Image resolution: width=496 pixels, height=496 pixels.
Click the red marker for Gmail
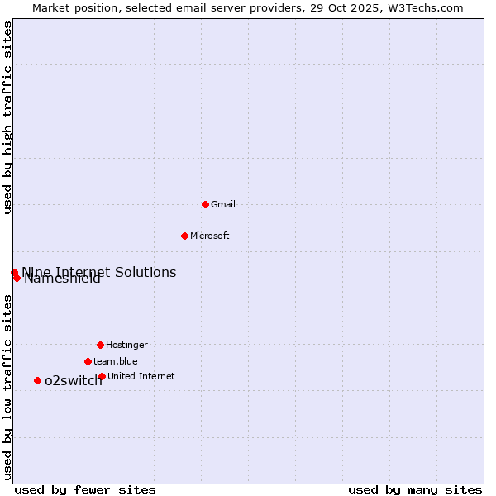(205, 204)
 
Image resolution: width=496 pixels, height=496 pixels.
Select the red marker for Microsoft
(184, 236)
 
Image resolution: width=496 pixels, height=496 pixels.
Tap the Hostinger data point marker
(100, 345)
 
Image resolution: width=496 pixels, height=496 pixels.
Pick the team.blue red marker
(88, 361)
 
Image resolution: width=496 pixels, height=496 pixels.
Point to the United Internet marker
(102, 376)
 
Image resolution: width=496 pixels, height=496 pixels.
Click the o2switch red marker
(37, 380)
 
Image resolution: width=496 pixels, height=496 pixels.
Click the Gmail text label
(223, 204)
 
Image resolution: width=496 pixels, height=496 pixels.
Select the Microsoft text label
(210, 236)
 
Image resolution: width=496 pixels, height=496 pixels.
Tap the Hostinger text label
(126, 345)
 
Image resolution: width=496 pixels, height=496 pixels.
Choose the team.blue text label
(116, 361)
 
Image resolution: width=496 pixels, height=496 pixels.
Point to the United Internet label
(141, 376)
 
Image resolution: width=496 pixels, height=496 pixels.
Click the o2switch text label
(74, 381)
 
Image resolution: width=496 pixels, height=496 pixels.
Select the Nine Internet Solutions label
(99, 272)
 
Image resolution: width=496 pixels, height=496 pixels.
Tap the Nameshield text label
(63, 279)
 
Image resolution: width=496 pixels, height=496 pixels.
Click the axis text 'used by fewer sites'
(85, 489)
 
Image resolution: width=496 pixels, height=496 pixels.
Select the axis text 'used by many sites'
(415, 489)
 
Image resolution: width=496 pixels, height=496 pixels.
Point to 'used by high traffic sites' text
(7, 117)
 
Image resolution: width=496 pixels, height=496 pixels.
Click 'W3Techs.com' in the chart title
(427, 7)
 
